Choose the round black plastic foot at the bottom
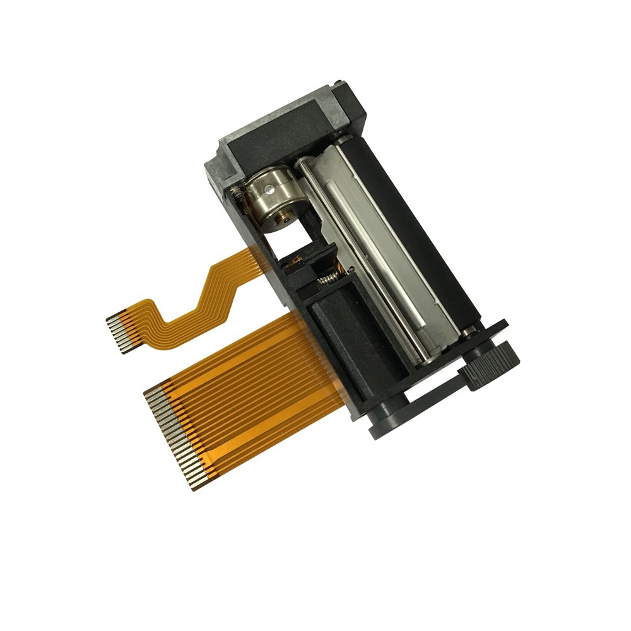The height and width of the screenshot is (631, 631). (385, 420)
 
